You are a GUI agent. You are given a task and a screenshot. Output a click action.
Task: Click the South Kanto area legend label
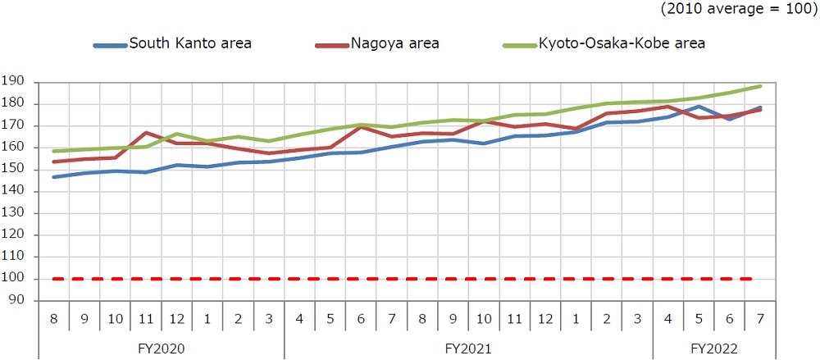click(190, 43)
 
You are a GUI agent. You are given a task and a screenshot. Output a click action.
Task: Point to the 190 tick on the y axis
click(13, 82)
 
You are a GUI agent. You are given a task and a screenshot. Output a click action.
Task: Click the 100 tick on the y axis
click(13, 279)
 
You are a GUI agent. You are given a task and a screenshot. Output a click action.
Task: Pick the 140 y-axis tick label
click(13, 191)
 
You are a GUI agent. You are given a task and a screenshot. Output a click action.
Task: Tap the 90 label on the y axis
click(16, 300)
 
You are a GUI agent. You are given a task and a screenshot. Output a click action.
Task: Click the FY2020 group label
click(162, 348)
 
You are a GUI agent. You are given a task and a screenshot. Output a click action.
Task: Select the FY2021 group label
click(469, 348)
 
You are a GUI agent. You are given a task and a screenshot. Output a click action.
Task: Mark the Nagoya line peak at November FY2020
click(146, 133)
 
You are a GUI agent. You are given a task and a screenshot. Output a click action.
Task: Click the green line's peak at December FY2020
click(177, 134)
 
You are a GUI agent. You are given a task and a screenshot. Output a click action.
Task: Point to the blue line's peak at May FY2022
click(699, 107)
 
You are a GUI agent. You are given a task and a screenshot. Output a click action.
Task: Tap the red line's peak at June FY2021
click(362, 127)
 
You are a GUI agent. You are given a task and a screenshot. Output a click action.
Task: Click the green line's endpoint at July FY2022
click(761, 86)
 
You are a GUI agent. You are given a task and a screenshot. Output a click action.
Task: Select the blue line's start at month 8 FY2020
click(53, 177)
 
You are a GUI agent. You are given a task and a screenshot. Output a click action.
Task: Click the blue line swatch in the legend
click(110, 44)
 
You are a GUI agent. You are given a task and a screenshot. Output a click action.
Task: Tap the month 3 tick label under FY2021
click(637, 319)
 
